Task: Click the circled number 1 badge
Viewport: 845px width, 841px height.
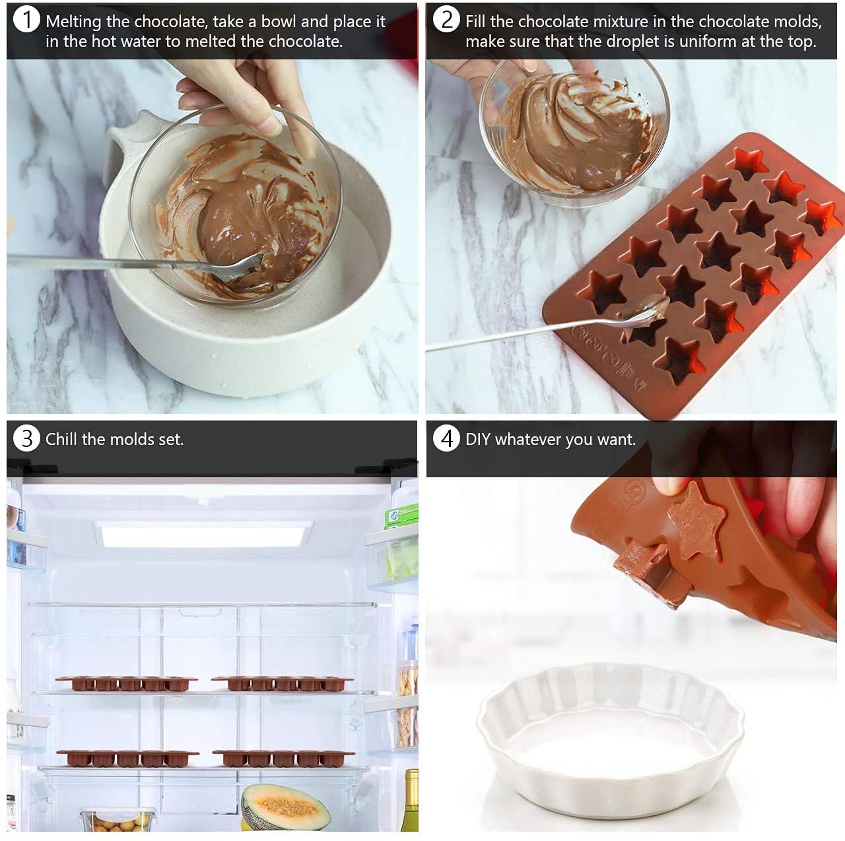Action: point(26,20)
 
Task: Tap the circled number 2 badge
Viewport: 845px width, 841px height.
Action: point(446,20)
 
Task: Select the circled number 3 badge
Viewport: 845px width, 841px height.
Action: point(26,438)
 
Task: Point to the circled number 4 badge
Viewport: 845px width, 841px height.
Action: point(447,438)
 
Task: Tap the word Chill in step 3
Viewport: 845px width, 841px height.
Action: point(61,439)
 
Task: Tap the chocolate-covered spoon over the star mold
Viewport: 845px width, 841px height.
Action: point(644,311)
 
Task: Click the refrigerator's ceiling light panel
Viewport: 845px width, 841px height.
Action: point(203,533)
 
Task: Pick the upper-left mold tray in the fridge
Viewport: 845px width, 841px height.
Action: point(126,683)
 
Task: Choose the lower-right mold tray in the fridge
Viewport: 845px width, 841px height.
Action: point(283,758)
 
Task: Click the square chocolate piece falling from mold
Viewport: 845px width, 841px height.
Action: point(650,574)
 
